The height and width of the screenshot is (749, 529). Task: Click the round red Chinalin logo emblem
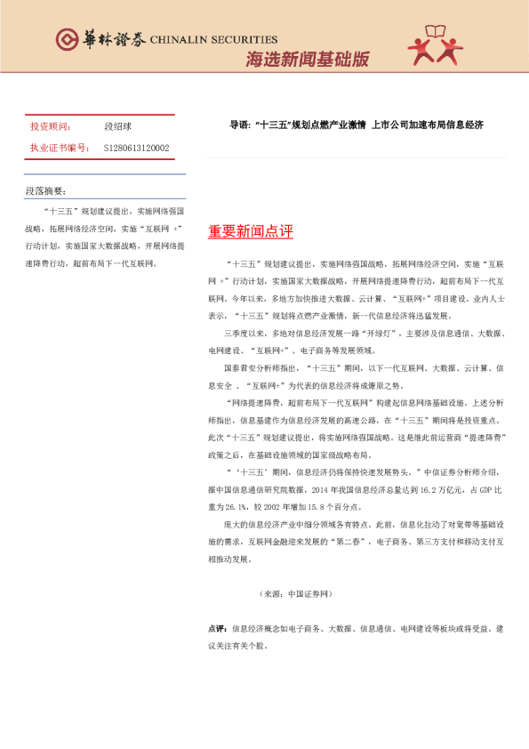68,40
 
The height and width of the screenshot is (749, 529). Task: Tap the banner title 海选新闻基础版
307,60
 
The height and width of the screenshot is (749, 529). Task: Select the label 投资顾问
50,127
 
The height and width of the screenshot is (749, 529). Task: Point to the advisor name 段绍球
117,127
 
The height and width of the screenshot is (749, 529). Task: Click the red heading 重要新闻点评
250,231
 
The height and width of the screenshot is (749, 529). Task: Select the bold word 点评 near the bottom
216,628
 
